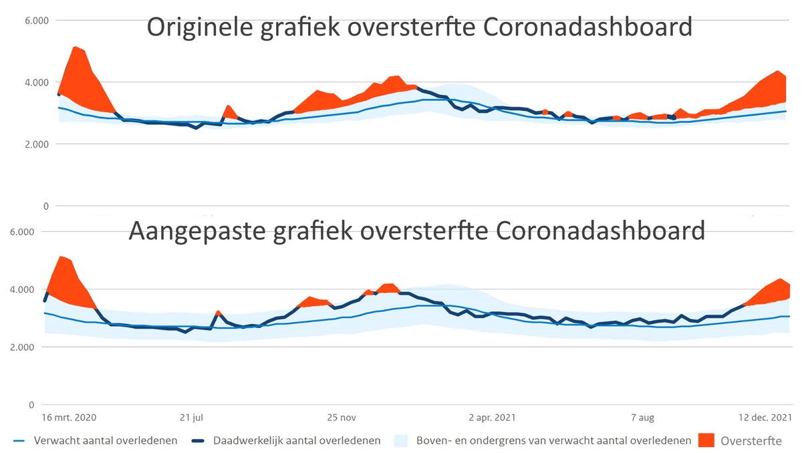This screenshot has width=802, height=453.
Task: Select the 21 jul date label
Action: pyautogui.click(x=192, y=418)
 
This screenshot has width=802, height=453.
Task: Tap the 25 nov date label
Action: pyautogui.click(x=342, y=418)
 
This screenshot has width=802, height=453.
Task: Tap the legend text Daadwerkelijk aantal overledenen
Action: pyautogui.click(x=297, y=441)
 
